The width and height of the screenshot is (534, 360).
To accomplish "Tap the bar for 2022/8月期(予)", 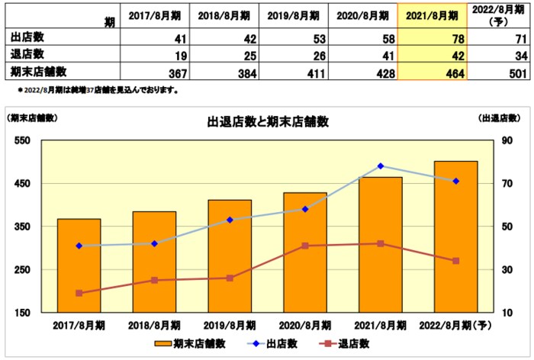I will tap(455, 236).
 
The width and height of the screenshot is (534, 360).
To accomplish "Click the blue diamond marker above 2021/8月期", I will tap(381, 166).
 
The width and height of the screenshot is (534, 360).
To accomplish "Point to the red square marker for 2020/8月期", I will tap(306, 246).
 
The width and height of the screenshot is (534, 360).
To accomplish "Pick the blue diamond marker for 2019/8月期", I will tap(230, 220).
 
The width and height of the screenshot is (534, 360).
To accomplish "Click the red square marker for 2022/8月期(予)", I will tap(456, 261).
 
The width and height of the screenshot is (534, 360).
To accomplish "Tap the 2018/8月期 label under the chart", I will tap(154, 326).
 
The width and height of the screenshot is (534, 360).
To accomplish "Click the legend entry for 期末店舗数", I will tap(190, 344).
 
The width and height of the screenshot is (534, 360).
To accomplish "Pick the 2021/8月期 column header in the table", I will tap(432, 15).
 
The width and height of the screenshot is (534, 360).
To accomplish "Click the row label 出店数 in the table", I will tap(27, 37).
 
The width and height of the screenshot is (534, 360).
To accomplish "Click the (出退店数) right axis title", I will tap(500, 118).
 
